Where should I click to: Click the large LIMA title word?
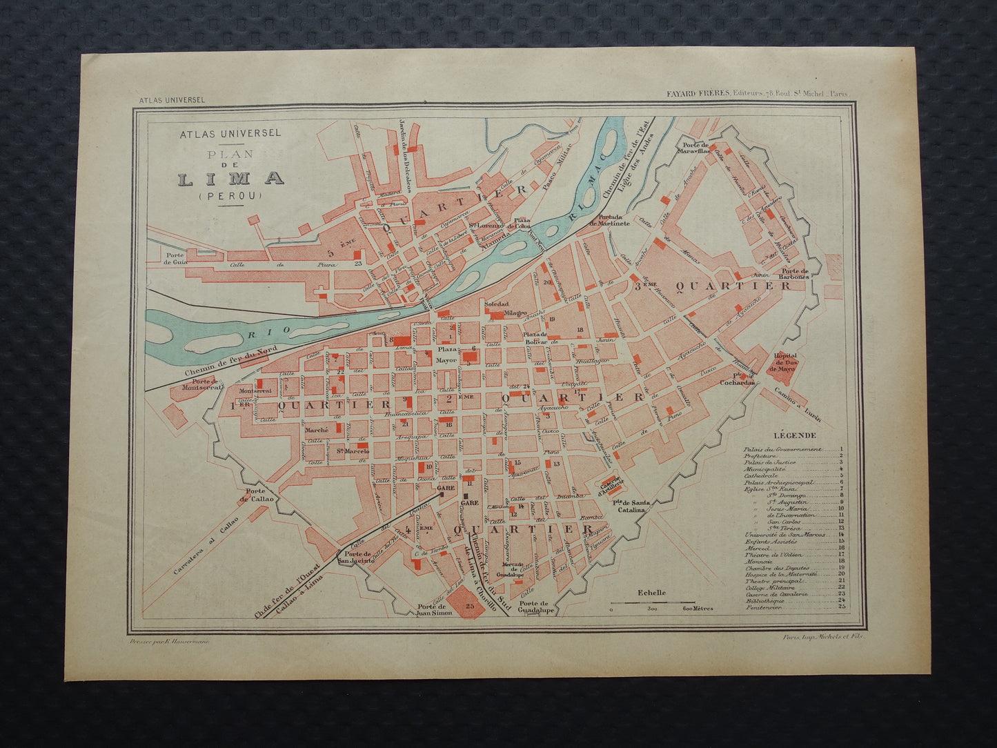[x=231, y=179]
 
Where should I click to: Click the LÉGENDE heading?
[x=795, y=435]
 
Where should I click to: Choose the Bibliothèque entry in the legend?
[x=764, y=601]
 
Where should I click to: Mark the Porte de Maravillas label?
[x=695, y=148]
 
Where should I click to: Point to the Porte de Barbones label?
[x=794, y=274]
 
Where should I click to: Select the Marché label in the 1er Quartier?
[x=316, y=430]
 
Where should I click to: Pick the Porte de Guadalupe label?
[x=538, y=607]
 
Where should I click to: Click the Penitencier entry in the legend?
[x=762, y=608]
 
